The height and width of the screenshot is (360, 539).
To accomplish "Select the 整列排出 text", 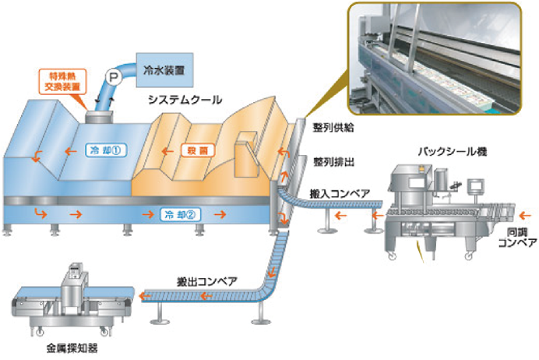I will click(x=332, y=162).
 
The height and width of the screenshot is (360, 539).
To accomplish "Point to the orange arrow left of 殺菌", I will click(x=165, y=148).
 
